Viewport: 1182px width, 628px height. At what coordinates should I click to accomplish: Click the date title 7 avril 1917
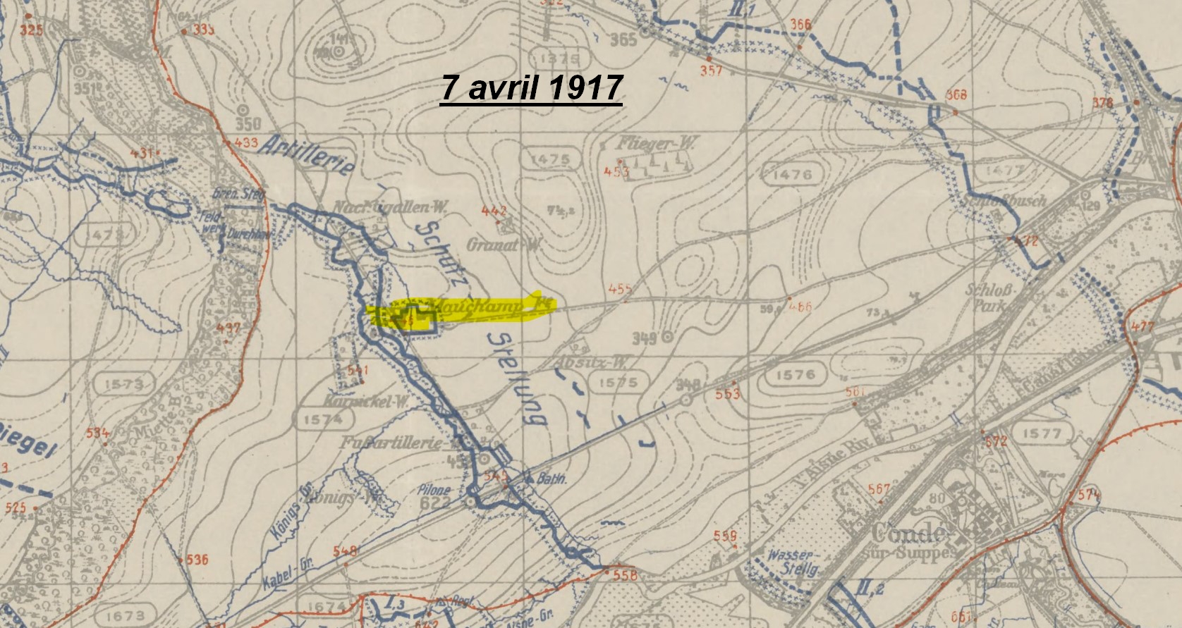tap(531, 88)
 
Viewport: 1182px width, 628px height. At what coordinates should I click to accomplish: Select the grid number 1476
tap(792, 174)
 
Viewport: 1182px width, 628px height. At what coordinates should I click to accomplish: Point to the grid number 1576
tap(795, 375)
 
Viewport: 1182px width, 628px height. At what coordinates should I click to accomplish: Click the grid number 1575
tap(617, 383)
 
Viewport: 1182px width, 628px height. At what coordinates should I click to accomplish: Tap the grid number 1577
tap(1041, 433)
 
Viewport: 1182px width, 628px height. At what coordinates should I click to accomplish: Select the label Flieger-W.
tap(657, 144)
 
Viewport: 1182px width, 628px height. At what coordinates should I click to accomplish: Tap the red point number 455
tap(619, 289)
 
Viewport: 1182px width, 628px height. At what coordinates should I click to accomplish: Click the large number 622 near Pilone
tap(434, 503)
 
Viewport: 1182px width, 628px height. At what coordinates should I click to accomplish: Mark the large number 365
tap(623, 39)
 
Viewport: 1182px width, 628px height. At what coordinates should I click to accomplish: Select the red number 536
tap(197, 560)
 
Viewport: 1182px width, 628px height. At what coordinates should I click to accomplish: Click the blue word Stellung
tap(516, 378)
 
